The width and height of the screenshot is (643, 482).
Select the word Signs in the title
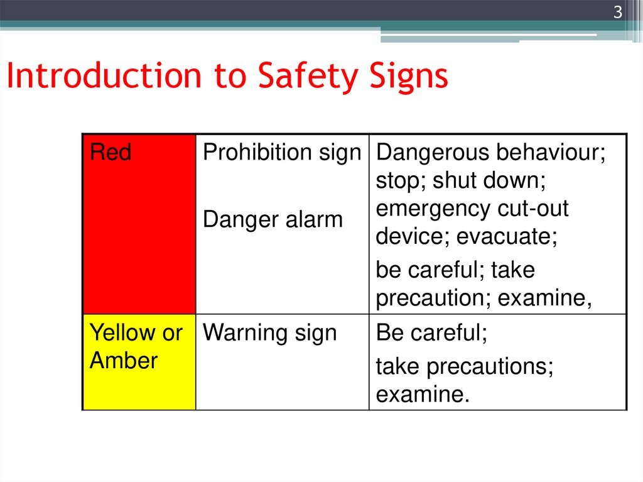coord(408,76)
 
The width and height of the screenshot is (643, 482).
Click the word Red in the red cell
coord(111,153)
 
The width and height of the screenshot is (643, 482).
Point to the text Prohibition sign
coord(282,153)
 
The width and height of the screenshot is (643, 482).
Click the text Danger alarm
coord(273,220)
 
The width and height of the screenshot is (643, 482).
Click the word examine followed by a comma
coord(544,299)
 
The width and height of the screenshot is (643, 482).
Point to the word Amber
coord(124,361)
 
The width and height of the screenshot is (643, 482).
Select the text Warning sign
coord(270,333)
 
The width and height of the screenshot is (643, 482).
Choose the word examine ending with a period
coord(422,395)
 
